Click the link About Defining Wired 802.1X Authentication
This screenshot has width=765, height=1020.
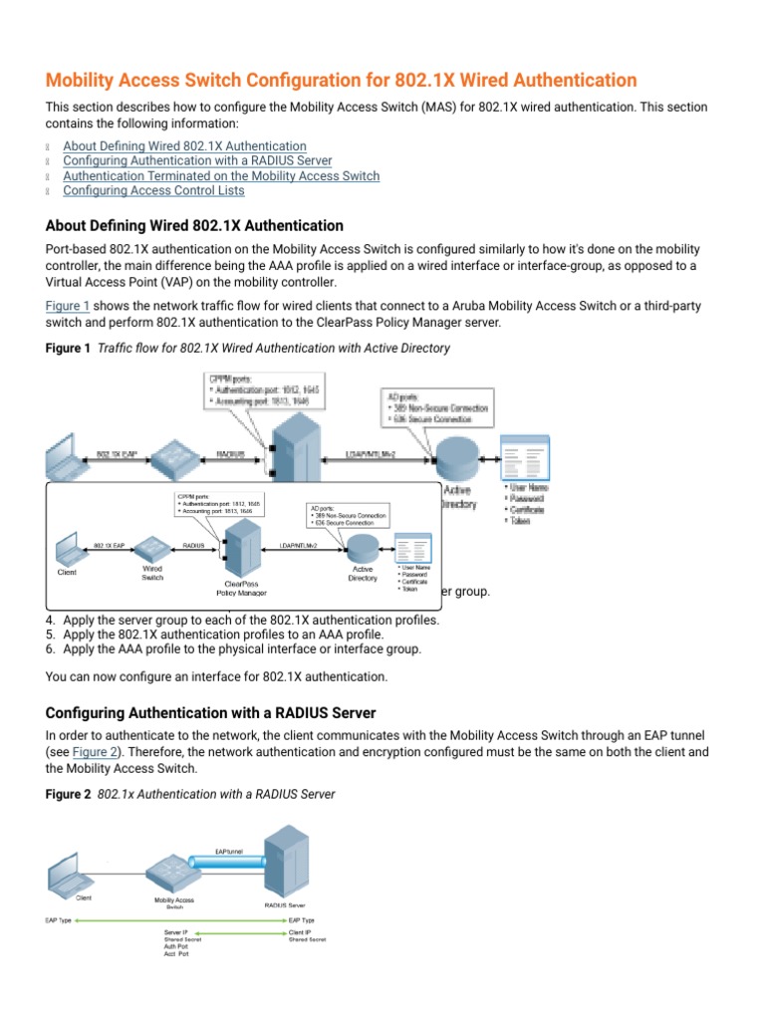[x=184, y=145]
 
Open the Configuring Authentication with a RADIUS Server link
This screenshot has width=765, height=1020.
[x=197, y=160]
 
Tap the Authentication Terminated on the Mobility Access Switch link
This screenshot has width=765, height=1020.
[x=220, y=175]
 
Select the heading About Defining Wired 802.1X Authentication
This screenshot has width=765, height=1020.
[x=194, y=226]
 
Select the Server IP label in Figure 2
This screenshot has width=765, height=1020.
[x=176, y=930]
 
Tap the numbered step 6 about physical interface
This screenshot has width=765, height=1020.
[x=242, y=648]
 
